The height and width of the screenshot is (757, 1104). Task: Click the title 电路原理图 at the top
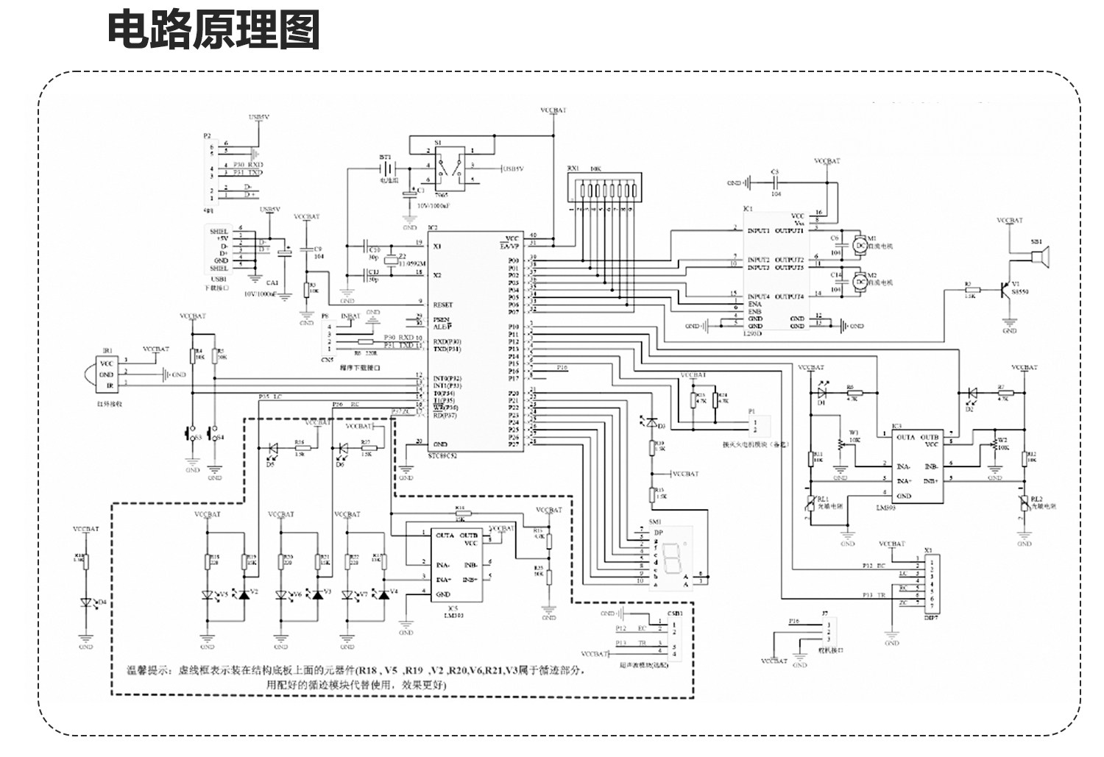coord(213,31)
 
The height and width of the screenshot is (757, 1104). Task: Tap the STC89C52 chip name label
coord(442,456)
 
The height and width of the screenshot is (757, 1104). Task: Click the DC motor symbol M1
coord(860,245)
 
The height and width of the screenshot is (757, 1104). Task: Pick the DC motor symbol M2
coord(860,282)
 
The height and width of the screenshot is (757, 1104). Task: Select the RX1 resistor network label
coord(573,168)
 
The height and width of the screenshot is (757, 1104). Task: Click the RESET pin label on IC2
coord(442,305)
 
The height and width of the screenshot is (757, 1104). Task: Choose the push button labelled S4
coord(214,435)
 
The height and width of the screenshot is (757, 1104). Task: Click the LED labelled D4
coord(87,603)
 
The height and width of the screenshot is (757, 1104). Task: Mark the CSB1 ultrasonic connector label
coord(674,613)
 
